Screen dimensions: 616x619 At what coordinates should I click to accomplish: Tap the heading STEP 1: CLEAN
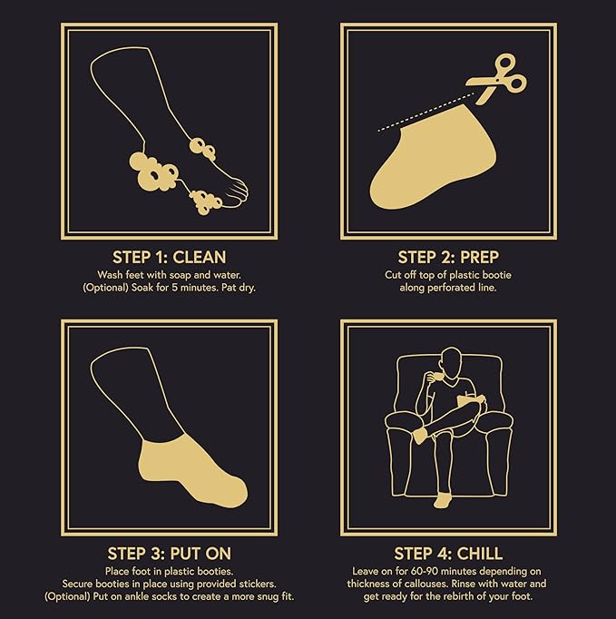tap(170, 258)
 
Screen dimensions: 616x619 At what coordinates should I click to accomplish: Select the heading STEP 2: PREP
tap(448, 258)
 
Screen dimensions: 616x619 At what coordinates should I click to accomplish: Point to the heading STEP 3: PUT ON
tap(170, 554)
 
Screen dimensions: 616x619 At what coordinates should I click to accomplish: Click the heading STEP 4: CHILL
tap(448, 554)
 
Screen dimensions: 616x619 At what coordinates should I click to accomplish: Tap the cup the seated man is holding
tap(434, 378)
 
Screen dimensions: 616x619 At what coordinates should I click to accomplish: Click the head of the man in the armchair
tap(452, 362)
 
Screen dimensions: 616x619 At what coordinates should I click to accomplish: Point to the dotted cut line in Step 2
tap(426, 113)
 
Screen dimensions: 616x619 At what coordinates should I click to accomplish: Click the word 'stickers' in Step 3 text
tap(258, 584)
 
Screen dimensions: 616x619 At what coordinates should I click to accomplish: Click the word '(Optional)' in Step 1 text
tap(106, 288)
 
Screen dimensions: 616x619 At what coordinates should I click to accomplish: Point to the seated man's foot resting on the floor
tap(443, 500)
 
